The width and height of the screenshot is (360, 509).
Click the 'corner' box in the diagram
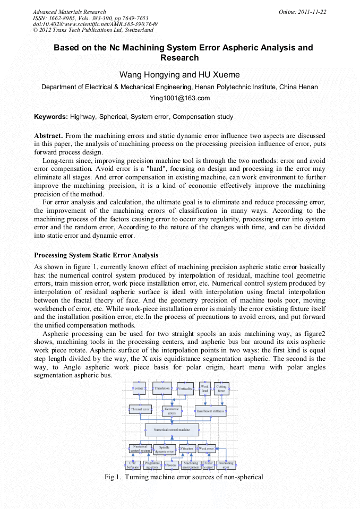139,389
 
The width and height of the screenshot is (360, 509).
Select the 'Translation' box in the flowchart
162,389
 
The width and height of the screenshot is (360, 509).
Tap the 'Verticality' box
185,389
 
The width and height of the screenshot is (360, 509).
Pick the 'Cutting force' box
221,389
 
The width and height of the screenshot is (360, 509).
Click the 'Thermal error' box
140,410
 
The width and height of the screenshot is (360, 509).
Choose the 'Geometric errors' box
172,411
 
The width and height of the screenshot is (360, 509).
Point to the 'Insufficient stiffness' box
210,410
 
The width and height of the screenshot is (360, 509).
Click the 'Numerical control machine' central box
172,429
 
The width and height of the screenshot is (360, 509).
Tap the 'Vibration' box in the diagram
187,449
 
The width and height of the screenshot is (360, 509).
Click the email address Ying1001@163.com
179,98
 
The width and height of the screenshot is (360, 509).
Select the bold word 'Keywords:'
51,116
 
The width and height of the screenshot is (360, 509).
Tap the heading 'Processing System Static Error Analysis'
96,255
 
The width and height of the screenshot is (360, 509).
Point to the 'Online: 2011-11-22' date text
302,12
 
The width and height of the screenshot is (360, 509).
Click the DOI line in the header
95,24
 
